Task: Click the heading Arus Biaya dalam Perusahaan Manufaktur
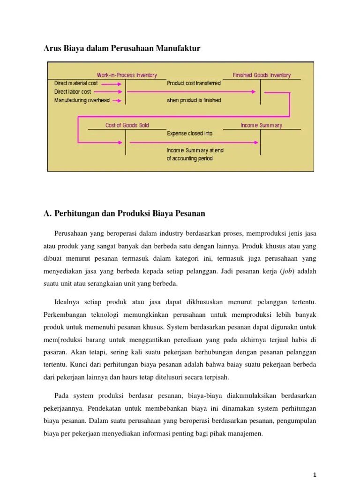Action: (122, 48)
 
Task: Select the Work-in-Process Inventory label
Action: (127, 75)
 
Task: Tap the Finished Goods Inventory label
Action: (262, 75)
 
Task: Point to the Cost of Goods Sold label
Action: (127, 125)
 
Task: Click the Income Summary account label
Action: (262, 125)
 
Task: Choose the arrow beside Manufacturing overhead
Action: (117, 100)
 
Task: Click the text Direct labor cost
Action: (73, 92)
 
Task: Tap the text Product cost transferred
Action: (194, 83)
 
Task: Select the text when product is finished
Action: (194, 100)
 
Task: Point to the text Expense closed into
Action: (189, 134)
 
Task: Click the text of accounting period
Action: (189, 158)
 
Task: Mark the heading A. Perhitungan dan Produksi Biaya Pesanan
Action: (124, 214)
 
